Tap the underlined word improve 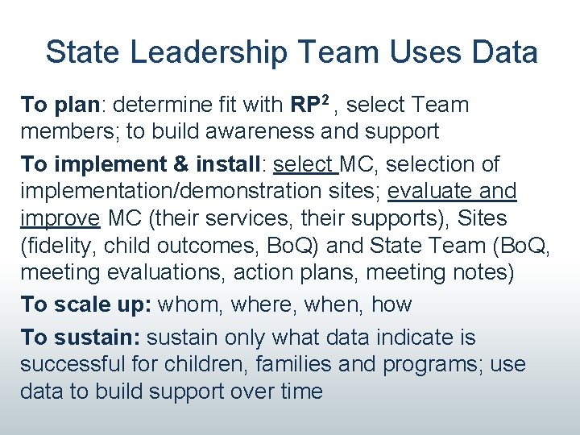(x=60, y=219)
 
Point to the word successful (x=76, y=364)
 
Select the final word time (x=298, y=391)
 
